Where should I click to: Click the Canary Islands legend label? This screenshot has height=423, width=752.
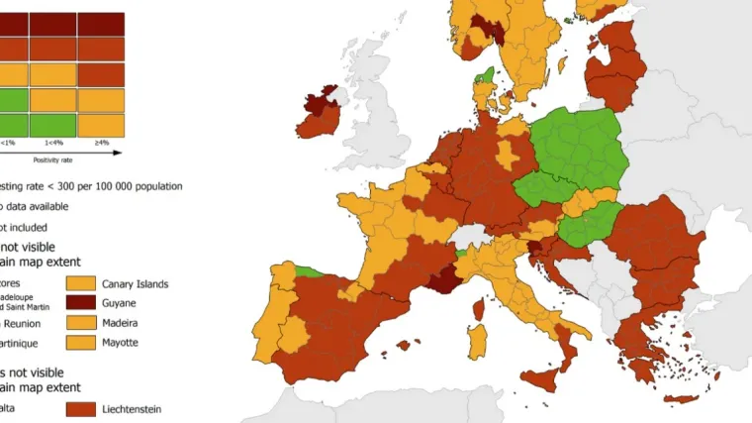point(135,284)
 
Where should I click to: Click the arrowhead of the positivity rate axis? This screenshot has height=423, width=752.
point(119,153)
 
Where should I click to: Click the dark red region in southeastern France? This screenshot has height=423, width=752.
point(441,283)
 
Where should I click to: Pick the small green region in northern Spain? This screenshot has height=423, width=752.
point(310,270)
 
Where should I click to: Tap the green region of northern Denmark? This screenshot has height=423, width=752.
point(485,75)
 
